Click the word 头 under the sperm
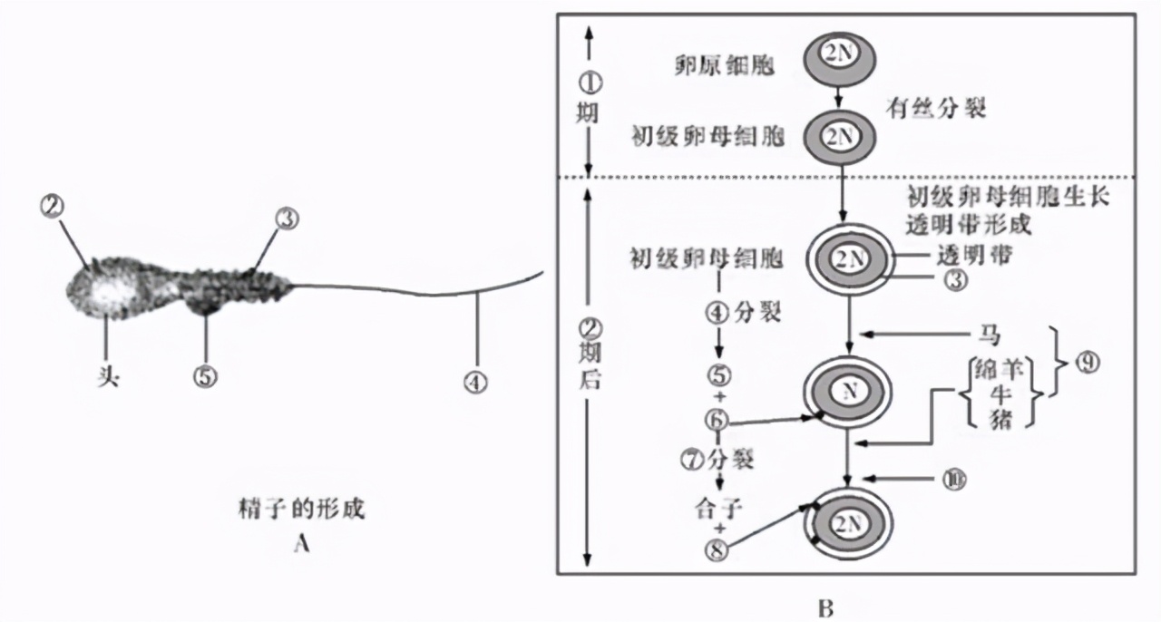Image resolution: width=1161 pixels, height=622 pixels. [x=108, y=374]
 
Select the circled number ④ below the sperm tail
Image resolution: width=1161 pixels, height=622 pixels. [x=475, y=383]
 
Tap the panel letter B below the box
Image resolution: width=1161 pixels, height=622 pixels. [x=824, y=607]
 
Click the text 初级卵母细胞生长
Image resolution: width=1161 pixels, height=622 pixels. [x=1007, y=196]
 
